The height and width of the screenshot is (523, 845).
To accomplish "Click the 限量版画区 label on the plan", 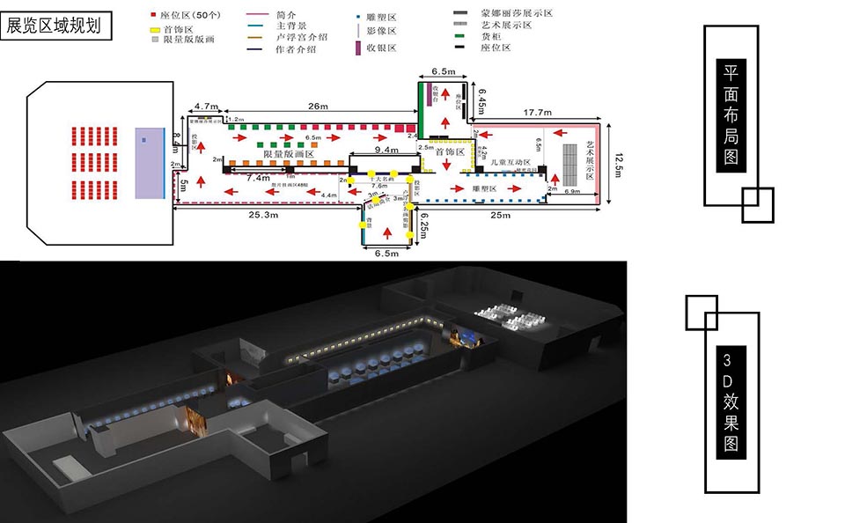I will [x=285, y=154].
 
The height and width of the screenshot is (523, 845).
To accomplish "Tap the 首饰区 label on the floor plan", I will [x=449, y=151].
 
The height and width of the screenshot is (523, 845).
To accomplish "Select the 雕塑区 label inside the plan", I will [x=486, y=188].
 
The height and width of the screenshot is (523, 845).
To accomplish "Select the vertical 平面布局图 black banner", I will [x=731, y=114].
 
